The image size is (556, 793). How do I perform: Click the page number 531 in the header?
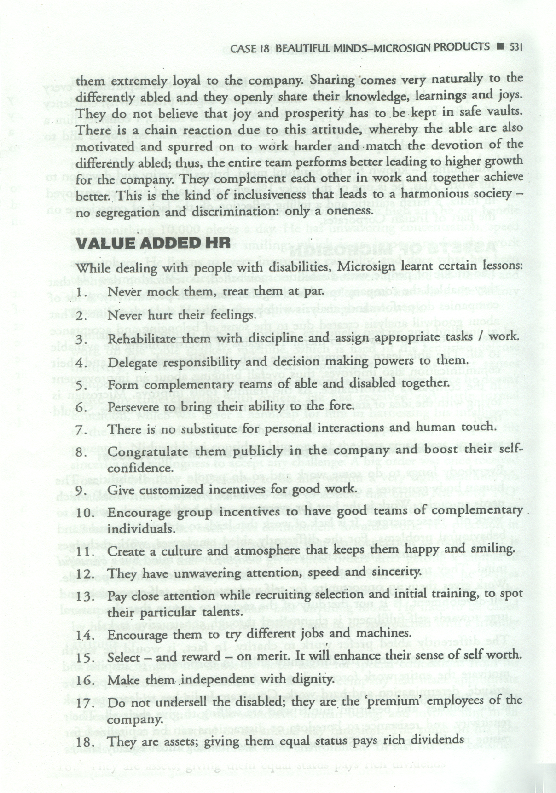coord(515,47)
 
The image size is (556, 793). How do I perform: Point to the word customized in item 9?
coord(170,490)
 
